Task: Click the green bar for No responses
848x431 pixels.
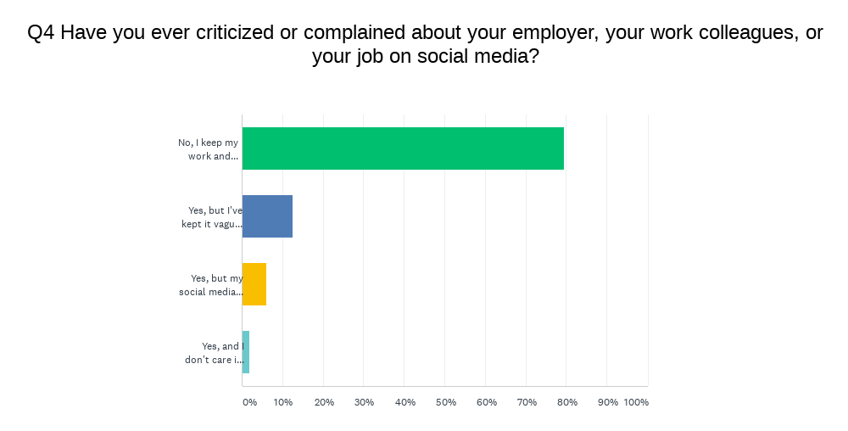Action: pos(403,148)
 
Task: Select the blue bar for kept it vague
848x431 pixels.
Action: pos(267,216)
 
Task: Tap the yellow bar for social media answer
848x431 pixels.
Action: pos(254,284)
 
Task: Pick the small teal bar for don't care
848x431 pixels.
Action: pos(246,352)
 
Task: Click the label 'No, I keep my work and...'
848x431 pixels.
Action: pos(209,149)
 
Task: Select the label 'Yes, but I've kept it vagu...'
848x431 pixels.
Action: pos(212,217)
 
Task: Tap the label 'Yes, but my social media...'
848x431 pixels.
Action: pos(211,285)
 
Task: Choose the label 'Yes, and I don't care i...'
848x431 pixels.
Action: pos(214,353)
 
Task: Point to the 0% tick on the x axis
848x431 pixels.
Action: pos(249,402)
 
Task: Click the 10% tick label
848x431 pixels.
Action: pos(283,402)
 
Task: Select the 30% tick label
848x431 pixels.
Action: pos(364,402)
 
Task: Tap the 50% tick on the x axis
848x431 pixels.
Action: pos(445,402)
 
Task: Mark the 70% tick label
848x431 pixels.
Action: pos(527,402)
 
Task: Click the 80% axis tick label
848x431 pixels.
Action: pos(567,402)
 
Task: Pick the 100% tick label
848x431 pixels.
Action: pos(636,402)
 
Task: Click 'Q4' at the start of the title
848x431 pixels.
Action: pos(42,34)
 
